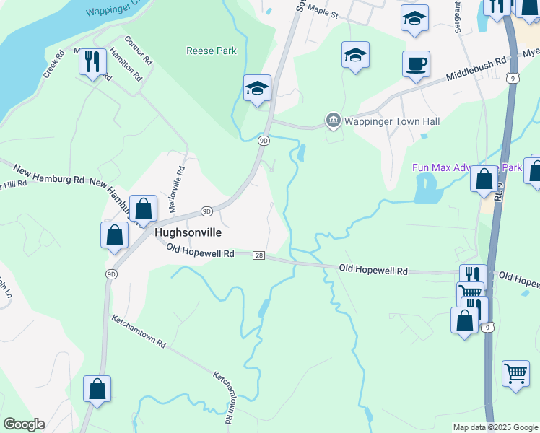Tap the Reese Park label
[x=212, y=51]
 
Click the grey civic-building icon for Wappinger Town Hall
[x=333, y=121]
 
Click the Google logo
[x=24, y=424]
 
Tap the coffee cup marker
[x=417, y=64]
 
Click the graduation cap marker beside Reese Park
[x=257, y=89]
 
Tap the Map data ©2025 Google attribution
[x=495, y=427]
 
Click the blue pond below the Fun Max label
[x=427, y=190]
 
